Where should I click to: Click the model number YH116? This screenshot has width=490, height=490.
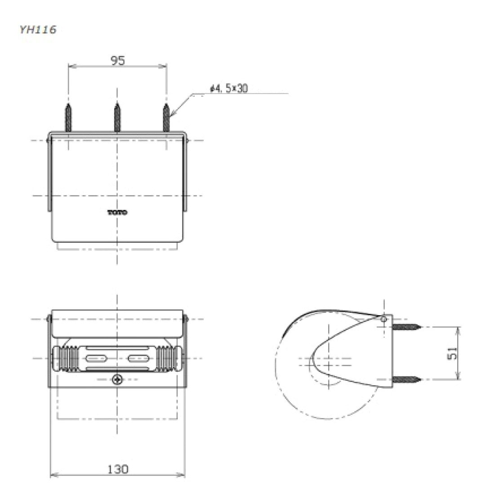[x=38, y=30]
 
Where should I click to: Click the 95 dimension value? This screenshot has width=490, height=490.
[x=118, y=60]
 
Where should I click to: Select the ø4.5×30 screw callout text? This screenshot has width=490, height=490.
[x=229, y=89]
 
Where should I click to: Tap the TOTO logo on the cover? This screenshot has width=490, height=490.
[x=117, y=212]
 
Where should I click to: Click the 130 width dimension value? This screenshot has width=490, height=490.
[x=118, y=469]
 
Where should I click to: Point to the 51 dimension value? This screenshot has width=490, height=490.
[x=454, y=353]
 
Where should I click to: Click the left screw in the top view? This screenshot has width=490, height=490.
[x=68, y=118]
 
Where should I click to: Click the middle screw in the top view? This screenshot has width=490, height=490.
[x=117, y=118]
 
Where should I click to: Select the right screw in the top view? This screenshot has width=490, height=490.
[x=166, y=118]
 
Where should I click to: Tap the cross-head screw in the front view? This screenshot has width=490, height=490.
[x=117, y=379]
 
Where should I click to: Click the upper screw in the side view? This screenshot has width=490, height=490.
[x=407, y=326]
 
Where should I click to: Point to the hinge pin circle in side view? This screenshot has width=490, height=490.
[x=383, y=319]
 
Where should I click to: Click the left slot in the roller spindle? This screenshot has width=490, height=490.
[x=95, y=358]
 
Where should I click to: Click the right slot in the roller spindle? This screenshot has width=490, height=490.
[x=139, y=358]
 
